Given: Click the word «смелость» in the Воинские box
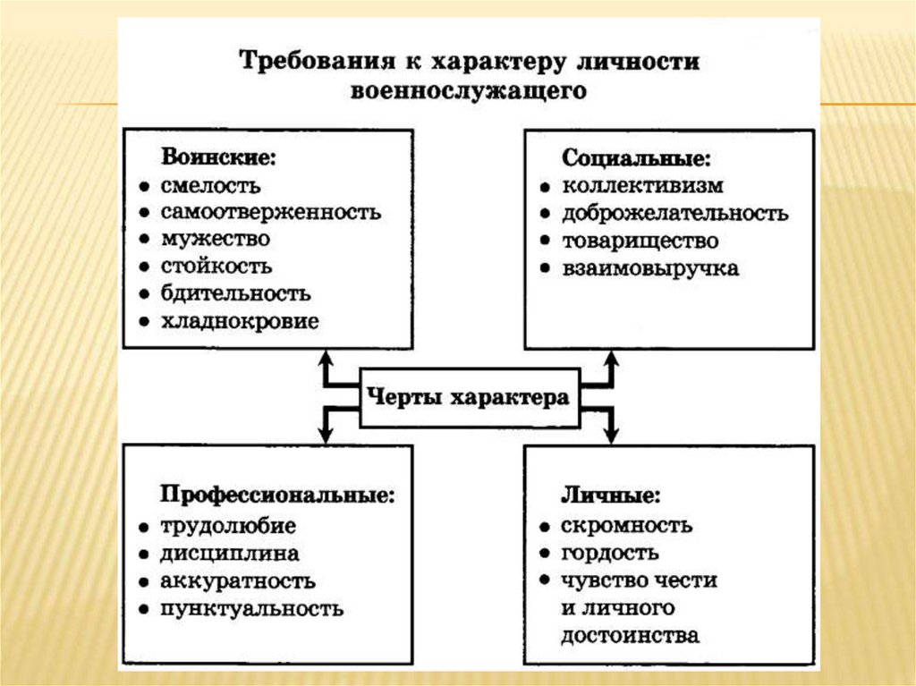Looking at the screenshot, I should point(211,186).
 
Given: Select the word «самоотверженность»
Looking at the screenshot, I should point(271,213).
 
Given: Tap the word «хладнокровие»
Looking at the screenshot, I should point(240,321).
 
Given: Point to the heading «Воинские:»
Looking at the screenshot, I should point(218,157).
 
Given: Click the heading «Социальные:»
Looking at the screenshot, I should point(636,158).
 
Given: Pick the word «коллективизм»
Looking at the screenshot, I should point(642,186).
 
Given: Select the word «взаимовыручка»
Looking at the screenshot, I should point(650,268).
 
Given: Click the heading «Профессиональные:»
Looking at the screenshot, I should point(277,495).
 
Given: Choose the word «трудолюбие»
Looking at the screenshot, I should point(228,526).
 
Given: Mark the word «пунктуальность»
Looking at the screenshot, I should point(252,609).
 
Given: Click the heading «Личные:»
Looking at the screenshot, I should point(611,495).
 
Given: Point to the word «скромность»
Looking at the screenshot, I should point(627,525).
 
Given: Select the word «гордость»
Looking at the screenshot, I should point(611,553).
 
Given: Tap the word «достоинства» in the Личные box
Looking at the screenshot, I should point(631,637).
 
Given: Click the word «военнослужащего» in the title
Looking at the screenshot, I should point(469,91).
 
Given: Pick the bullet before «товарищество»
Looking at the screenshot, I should point(544,242).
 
